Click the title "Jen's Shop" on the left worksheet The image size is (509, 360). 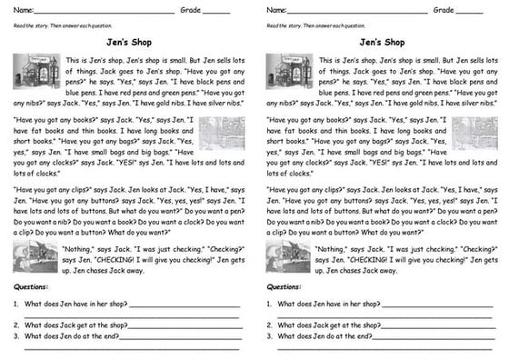[x=128, y=42]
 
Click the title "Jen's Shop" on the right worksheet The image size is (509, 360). [x=382, y=42]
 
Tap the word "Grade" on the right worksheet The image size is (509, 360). [x=443, y=10]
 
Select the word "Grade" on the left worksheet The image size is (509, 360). [x=189, y=10]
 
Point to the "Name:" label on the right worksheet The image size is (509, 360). [x=277, y=10]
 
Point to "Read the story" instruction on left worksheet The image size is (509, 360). [x=55, y=25]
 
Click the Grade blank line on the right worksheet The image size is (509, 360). [x=469, y=12]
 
